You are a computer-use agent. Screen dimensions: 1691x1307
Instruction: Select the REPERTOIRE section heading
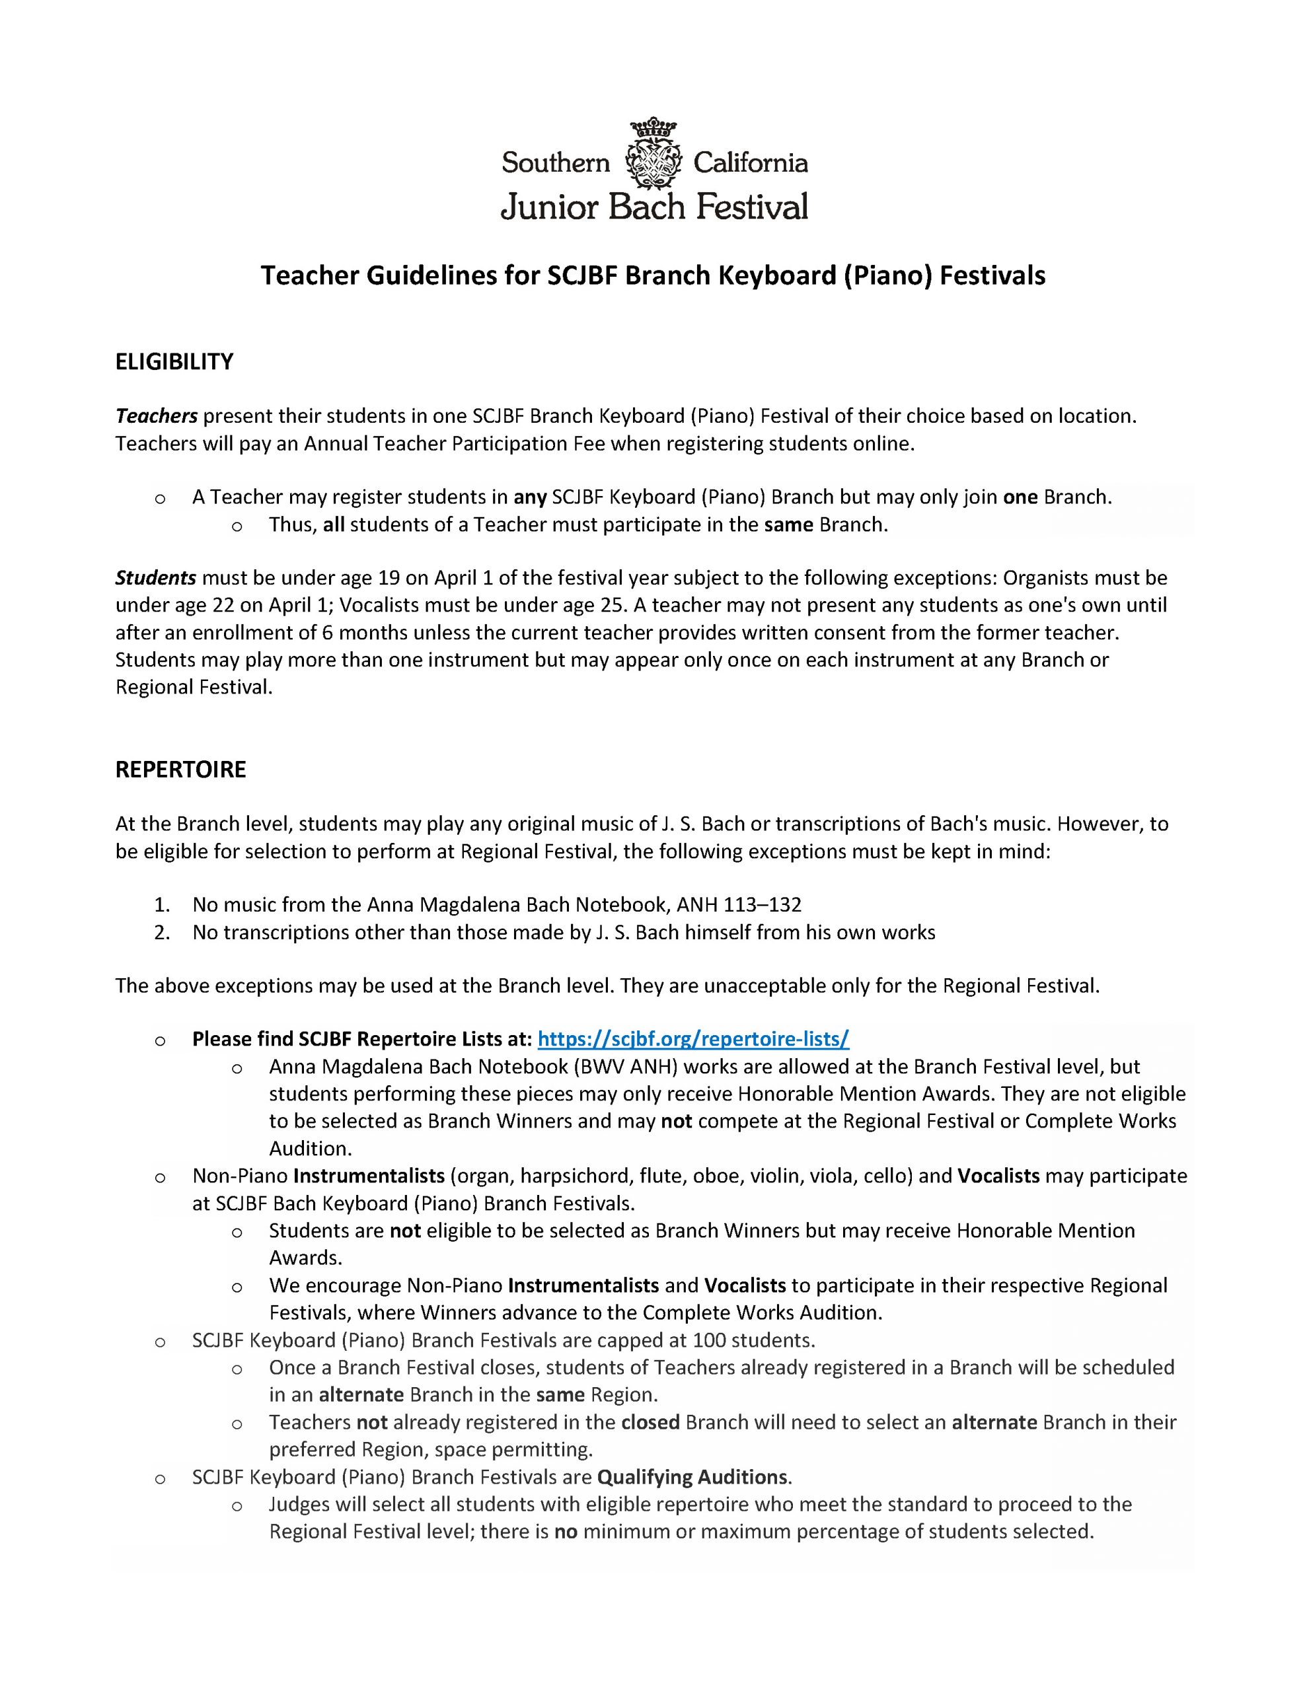coord(180,770)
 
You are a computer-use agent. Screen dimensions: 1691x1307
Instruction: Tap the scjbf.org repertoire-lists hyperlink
coord(692,1038)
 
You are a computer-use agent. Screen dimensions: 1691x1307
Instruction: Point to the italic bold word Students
coord(156,577)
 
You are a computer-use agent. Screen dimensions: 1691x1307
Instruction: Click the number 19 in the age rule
coord(388,577)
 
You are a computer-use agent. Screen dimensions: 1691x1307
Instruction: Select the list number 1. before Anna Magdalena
coord(161,904)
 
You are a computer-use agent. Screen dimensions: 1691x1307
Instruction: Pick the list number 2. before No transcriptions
coord(161,932)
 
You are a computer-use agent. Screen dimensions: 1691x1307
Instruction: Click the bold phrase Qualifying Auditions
coord(692,1476)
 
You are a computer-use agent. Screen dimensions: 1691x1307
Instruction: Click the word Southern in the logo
coord(556,162)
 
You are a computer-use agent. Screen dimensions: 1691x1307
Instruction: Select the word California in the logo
coord(750,162)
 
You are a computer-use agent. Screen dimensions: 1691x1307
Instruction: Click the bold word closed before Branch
coord(650,1421)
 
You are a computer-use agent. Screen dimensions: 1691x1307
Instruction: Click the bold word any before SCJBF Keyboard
coord(531,497)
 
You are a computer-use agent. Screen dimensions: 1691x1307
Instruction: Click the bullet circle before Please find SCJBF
coord(161,1040)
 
